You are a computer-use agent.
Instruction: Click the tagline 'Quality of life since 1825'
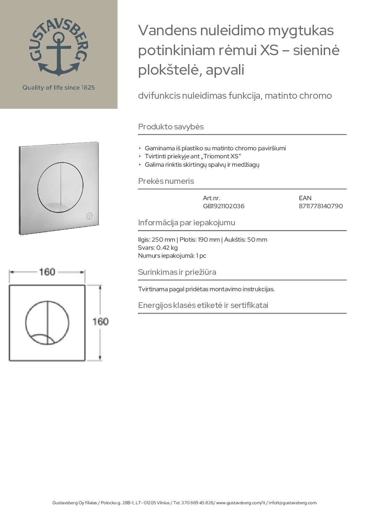(59, 88)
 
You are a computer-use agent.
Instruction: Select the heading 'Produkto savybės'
(171, 127)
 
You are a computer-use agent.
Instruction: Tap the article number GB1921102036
(224, 206)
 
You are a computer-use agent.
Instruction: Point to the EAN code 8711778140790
(321, 206)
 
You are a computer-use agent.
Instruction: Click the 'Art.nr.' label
(211, 198)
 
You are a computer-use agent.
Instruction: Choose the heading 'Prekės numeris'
(166, 181)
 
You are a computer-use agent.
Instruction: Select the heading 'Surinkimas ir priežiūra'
(177, 272)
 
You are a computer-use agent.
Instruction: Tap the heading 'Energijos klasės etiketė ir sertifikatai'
(203, 305)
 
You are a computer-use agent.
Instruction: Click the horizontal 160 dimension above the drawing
(47, 272)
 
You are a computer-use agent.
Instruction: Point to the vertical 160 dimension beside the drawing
(100, 321)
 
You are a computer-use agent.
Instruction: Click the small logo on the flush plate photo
(89, 216)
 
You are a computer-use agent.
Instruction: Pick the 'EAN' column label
(305, 198)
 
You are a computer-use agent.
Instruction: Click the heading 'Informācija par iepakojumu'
(187, 223)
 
